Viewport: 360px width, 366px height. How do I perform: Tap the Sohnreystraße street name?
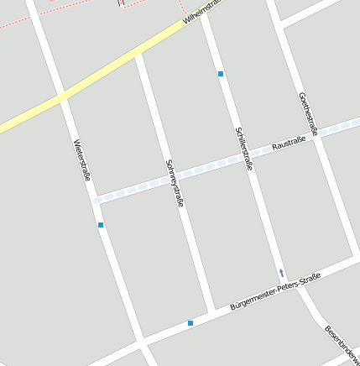coord(175,183)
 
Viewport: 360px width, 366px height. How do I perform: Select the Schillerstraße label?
coord(244,149)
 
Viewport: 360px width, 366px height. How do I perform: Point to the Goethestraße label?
coord(308,113)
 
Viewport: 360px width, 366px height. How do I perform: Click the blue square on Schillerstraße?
coord(221,75)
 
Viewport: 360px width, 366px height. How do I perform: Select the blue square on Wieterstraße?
coord(101,225)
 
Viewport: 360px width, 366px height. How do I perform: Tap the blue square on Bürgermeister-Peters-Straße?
coord(190,323)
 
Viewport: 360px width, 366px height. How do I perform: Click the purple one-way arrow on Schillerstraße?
coord(281,273)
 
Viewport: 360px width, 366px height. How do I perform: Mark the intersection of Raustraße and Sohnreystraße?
coord(170,177)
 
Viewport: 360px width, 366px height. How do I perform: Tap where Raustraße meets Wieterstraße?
coord(94,200)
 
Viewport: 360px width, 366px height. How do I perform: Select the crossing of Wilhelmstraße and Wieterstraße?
coord(61,97)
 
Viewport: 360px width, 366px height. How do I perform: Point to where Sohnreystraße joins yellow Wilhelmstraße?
coord(138,55)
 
